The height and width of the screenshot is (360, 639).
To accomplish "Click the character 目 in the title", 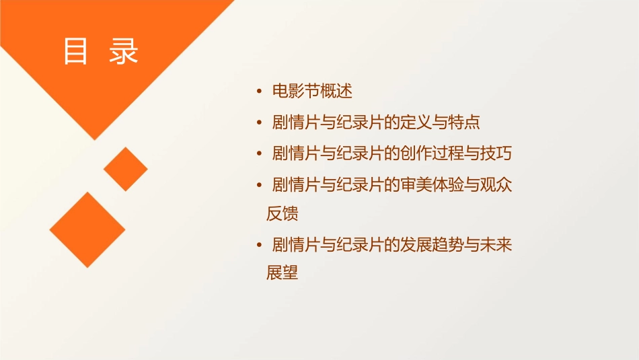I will pos(75,52).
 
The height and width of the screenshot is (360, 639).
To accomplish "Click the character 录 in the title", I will pos(124,52).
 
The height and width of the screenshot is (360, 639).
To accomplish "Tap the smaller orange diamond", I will pos(126,169).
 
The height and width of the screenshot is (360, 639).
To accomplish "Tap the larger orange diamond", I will pos(87,229).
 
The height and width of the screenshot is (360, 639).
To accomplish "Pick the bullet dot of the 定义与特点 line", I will pos(260,122).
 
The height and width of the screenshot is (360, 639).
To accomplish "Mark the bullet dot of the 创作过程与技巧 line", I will pos(260,153).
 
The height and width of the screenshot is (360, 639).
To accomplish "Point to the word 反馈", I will pos(282,214).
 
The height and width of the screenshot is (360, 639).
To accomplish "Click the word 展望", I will pos(282,274).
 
